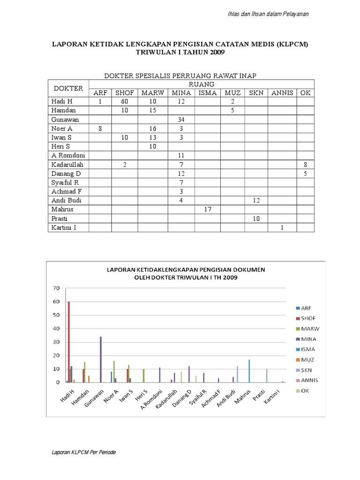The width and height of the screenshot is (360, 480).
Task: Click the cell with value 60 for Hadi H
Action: [x=124, y=102]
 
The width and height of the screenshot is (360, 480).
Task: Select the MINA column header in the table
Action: [x=181, y=93]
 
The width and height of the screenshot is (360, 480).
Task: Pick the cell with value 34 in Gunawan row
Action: [x=181, y=120]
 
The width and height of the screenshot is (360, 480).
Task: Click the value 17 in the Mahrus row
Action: [x=208, y=210]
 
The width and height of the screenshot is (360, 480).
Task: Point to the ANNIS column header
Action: [x=282, y=93]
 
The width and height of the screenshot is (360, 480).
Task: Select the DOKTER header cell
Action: [x=68, y=88]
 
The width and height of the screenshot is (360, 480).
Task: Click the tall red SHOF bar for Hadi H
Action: [x=69, y=342]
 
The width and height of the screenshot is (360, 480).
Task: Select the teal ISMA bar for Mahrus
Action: [x=249, y=371]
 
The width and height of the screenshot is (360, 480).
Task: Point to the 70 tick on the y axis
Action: [x=57, y=288]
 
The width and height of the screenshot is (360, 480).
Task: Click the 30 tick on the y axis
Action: [x=57, y=342]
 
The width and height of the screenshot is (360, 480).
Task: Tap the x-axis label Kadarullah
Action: [x=167, y=397]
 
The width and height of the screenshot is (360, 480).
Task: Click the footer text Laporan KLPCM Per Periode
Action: [x=84, y=452]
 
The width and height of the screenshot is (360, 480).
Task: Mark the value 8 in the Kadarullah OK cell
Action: [x=306, y=165]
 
